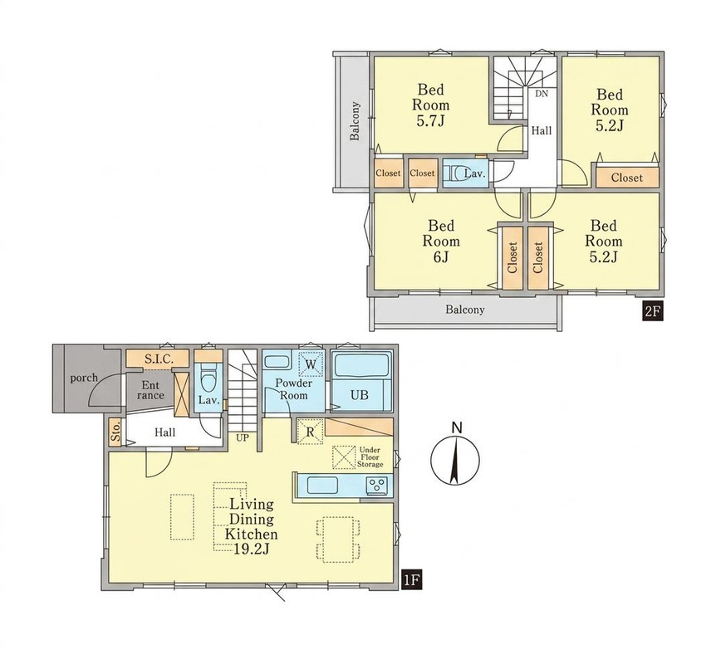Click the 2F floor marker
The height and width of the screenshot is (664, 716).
pyautogui.click(x=652, y=313)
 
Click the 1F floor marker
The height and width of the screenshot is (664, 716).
pyautogui.click(x=410, y=580)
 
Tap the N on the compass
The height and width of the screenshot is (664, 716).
pyautogui.click(x=456, y=428)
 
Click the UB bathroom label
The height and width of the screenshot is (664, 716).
pyautogui.click(x=360, y=395)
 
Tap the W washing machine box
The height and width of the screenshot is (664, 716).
pyautogui.click(x=311, y=364)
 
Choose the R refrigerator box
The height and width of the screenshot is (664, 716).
pyautogui.click(x=311, y=432)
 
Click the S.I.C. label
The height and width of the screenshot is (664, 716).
pyautogui.click(x=159, y=359)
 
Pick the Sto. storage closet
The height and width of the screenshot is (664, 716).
pyautogui.click(x=115, y=432)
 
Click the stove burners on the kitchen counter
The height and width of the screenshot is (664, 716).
pyautogui.click(x=377, y=485)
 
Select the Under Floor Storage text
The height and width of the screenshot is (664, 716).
pyautogui.click(x=370, y=457)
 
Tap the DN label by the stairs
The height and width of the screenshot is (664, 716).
pyautogui.click(x=542, y=94)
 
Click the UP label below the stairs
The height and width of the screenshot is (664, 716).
pyautogui.click(x=242, y=437)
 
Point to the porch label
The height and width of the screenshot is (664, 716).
pyautogui.click(x=84, y=378)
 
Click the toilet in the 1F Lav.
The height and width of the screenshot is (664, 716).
pyautogui.click(x=208, y=378)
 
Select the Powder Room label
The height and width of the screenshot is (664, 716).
pyautogui.click(x=294, y=389)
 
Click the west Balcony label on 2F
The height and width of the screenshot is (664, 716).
pyautogui.click(x=355, y=120)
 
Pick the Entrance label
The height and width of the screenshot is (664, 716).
pyautogui.click(x=150, y=390)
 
